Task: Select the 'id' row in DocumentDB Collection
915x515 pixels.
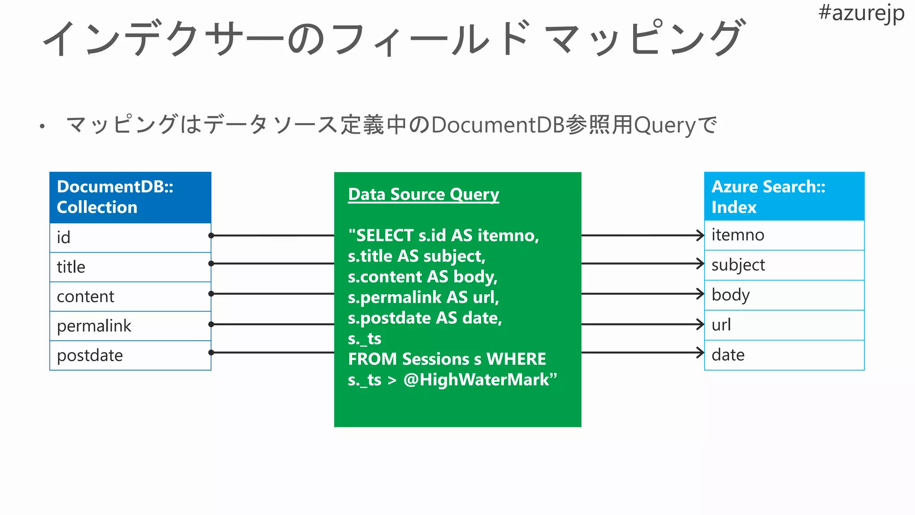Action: click(x=130, y=237)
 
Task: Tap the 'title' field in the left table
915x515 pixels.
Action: click(x=130, y=267)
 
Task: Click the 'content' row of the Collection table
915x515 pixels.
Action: click(x=130, y=296)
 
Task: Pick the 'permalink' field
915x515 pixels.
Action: click(x=130, y=326)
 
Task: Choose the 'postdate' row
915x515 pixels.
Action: click(x=130, y=355)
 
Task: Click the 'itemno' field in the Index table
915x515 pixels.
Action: click(x=784, y=235)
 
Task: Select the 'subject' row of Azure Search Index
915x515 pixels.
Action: click(x=784, y=265)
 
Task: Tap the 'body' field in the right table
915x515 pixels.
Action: click(x=784, y=295)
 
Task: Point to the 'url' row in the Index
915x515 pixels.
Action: click(x=784, y=325)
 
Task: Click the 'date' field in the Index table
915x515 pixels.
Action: click(x=784, y=355)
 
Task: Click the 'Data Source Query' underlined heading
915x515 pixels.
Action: click(x=423, y=194)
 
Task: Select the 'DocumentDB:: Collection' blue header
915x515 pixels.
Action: click(x=130, y=197)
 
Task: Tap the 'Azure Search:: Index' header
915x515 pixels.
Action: click(x=784, y=197)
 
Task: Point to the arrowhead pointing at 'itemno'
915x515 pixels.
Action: click(x=701, y=235)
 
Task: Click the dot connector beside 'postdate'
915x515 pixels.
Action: click(x=211, y=353)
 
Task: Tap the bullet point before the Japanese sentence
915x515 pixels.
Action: click(x=42, y=127)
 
